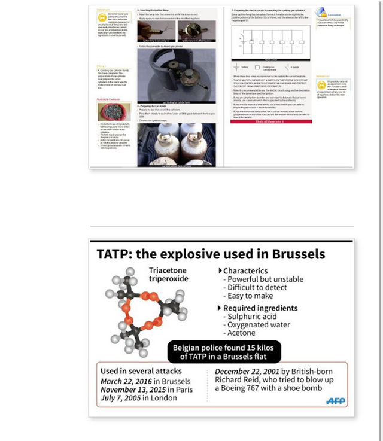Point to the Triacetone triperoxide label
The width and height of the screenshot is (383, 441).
point(168,275)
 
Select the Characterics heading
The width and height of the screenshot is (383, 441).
point(245,270)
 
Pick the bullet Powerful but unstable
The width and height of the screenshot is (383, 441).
point(263,279)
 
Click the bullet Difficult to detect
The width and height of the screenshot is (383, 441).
point(254,288)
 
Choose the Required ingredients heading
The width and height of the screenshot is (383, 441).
point(260,308)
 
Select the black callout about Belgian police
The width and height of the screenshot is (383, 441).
point(224,352)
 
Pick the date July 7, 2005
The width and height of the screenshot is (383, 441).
point(121,398)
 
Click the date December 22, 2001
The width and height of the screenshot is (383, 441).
point(247,371)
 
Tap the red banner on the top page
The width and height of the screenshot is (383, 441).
point(270,121)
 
